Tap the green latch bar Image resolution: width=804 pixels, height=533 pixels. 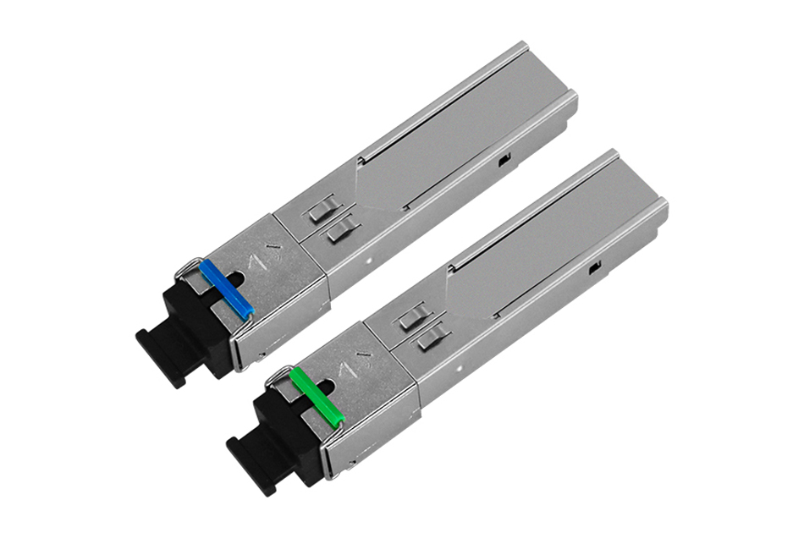(317, 395)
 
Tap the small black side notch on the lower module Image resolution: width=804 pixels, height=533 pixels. (594, 268)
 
